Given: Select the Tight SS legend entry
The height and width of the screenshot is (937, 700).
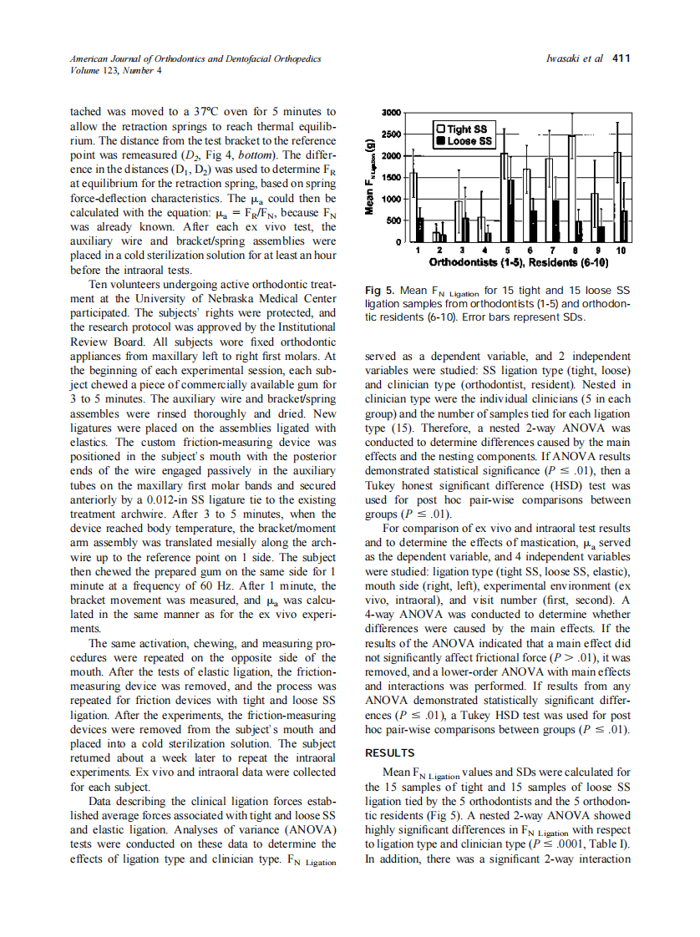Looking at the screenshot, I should [466, 129].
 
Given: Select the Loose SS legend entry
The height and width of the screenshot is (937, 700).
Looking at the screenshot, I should [466, 141].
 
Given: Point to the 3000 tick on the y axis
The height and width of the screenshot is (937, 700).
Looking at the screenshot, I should [392, 112].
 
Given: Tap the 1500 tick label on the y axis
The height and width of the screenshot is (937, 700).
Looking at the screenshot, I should [392, 177].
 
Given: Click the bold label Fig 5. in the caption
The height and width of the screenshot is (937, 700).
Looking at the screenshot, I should [380, 291].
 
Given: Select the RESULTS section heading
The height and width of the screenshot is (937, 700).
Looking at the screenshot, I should [391, 752].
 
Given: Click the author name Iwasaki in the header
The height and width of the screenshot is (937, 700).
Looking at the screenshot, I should [564, 58].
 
